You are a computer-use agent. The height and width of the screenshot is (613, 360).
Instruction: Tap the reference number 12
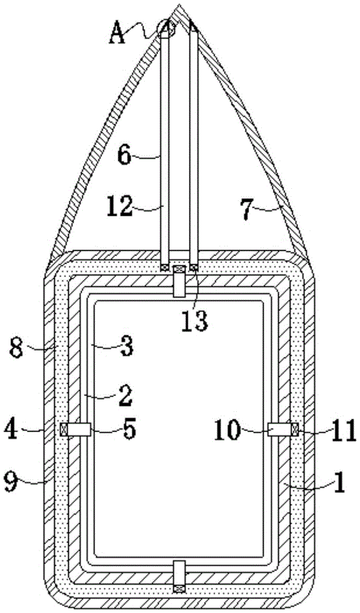120,206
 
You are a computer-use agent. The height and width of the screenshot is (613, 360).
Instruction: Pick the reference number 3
126,347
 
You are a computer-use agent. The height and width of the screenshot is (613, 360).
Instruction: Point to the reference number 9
12,482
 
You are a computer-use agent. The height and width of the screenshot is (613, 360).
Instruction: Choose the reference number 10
226,430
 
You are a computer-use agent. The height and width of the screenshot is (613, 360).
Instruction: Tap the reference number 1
339,482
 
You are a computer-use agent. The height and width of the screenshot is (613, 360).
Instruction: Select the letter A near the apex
117,33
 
